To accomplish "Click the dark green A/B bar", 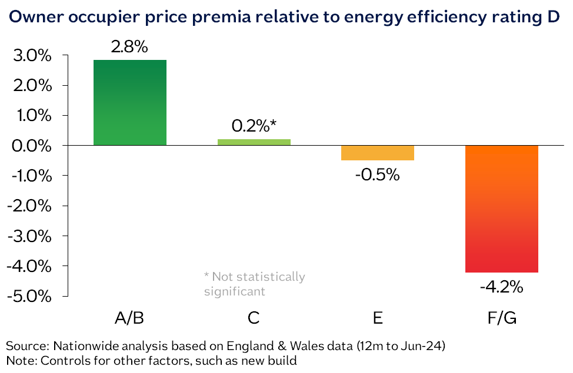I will (x=130, y=102).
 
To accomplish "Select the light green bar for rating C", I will (x=254, y=142).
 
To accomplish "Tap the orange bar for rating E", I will (x=378, y=153).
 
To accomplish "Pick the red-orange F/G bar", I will (x=501, y=209).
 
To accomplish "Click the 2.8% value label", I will (x=129, y=48).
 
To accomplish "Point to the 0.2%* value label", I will (x=254, y=126).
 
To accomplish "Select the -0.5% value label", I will (x=378, y=174).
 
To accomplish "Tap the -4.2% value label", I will (x=501, y=287).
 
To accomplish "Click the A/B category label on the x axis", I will (x=129, y=318).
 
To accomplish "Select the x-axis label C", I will (x=254, y=318).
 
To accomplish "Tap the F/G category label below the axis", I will (x=501, y=318).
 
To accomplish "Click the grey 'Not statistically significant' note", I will (x=254, y=283).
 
